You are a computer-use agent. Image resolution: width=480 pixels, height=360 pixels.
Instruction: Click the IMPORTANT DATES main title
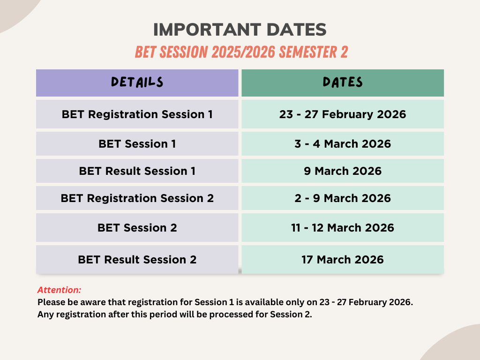pyautogui.click(x=240, y=30)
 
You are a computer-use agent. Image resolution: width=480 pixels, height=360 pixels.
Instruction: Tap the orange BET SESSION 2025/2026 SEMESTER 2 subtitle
pyautogui.click(x=241, y=52)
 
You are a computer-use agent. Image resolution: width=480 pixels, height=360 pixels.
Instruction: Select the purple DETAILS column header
pyautogui.click(x=137, y=83)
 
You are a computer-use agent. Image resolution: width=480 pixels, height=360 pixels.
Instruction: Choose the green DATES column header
pyautogui.click(x=343, y=83)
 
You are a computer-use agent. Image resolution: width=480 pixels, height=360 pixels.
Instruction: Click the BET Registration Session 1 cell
pyautogui.click(x=137, y=114)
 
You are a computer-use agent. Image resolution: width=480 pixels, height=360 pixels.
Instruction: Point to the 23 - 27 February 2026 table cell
pyautogui.click(x=343, y=114)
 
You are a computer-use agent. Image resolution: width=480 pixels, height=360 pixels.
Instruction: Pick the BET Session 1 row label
pyautogui.click(x=137, y=144)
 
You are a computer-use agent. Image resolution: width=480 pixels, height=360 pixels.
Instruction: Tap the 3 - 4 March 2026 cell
pyautogui.click(x=343, y=144)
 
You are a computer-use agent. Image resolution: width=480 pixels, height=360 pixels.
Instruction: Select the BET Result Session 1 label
pyautogui.click(x=137, y=171)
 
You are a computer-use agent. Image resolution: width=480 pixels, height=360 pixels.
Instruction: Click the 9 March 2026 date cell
pyautogui.click(x=343, y=171)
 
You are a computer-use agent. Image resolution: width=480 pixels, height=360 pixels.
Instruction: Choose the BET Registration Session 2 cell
pyautogui.click(x=137, y=198)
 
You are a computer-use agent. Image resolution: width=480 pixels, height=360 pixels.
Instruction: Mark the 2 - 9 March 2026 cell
pyautogui.click(x=343, y=198)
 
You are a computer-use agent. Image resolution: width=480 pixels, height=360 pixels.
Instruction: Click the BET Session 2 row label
pyautogui.click(x=137, y=228)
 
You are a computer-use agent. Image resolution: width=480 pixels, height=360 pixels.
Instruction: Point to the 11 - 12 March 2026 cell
pyautogui.click(x=343, y=228)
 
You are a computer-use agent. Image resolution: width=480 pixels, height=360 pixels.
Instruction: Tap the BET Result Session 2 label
pyautogui.click(x=137, y=260)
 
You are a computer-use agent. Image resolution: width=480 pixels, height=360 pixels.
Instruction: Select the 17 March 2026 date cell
pyautogui.click(x=343, y=260)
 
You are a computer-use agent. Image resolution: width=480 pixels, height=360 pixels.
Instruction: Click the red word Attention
pyautogui.click(x=59, y=290)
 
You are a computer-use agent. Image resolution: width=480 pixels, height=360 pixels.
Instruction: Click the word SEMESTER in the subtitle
pyautogui.click(x=307, y=52)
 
